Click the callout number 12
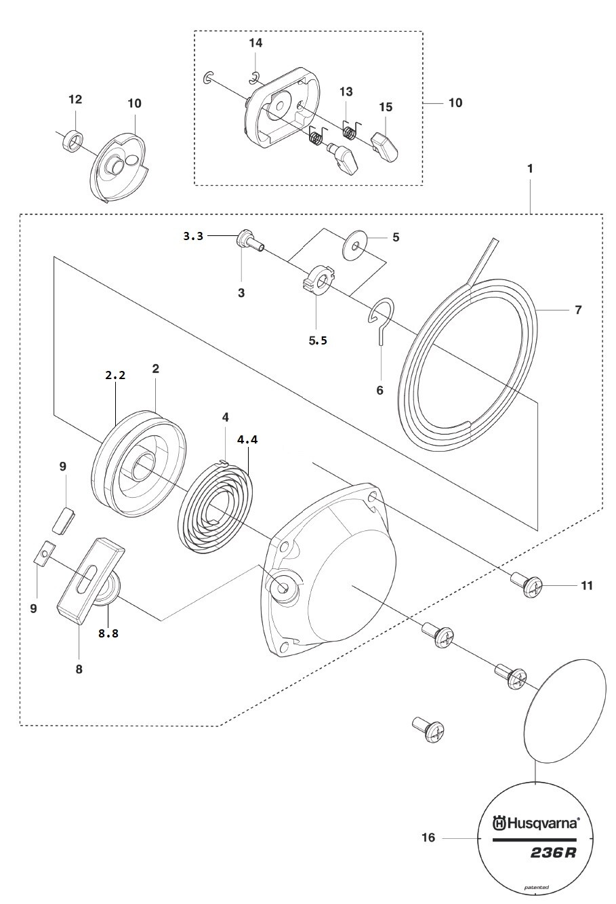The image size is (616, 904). tap(75, 99)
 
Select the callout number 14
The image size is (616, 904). tap(255, 43)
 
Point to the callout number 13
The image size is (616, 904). tap(346, 92)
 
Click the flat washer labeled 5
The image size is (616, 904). tap(354, 245)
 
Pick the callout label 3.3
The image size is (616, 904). tap(194, 236)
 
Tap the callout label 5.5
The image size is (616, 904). tap(318, 340)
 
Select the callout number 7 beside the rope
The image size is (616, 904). tap(579, 310)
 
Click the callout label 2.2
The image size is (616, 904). tap(115, 375)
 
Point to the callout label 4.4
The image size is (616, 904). tap(247, 439)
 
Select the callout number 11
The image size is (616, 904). tap(587, 585)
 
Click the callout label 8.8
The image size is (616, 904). tap(108, 633)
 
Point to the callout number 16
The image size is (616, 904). tap(428, 838)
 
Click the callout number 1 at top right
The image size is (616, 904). tap(530, 168)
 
